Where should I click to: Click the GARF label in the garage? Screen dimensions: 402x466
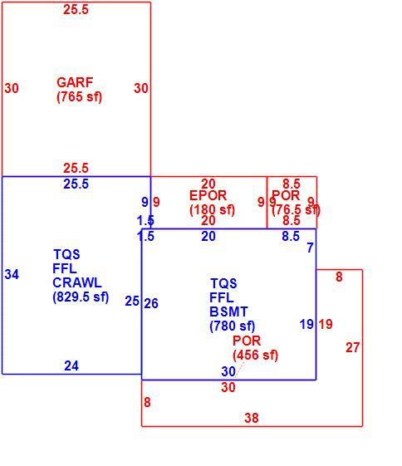[75, 82]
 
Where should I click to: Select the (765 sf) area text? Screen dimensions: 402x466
[80, 96]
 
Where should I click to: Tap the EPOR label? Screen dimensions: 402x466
[208, 195]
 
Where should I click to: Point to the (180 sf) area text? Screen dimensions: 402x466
[212, 210]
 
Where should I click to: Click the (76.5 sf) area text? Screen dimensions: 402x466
[297, 210]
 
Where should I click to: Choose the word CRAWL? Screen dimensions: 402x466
[77, 282]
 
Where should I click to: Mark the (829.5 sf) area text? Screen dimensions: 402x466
[81, 297]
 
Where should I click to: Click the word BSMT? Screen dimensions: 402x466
[228, 311]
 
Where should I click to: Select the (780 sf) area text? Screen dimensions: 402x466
[233, 326]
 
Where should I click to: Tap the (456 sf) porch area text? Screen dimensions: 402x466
[256, 355]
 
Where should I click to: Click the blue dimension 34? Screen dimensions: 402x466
[12, 274]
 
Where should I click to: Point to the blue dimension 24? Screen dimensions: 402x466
[71, 365]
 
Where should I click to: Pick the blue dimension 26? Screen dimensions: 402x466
[151, 303]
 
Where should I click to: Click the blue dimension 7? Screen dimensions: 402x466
[310, 248]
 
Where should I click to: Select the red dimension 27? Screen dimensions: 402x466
[353, 347]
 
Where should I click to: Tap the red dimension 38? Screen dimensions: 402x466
[252, 418]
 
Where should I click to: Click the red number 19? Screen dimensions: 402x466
[326, 324]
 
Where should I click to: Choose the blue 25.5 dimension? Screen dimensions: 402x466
[76, 184]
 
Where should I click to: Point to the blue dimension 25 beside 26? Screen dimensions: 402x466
[132, 301]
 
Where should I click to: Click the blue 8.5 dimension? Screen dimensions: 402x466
[291, 236]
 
